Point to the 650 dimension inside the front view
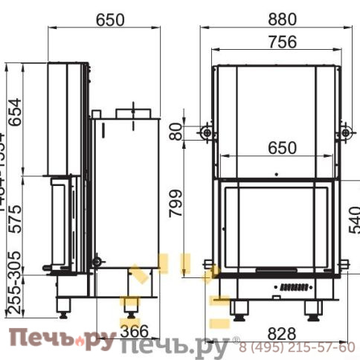[276, 148]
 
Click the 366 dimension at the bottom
[135, 331]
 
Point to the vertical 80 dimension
[176, 132]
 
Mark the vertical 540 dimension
[353, 219]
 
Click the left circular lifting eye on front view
[206, 132]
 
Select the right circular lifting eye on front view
[346, 132]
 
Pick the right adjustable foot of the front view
[312, 308]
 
